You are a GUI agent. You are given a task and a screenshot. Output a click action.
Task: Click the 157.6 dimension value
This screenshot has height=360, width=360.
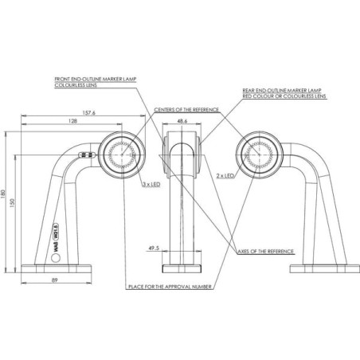[x=88, y=112]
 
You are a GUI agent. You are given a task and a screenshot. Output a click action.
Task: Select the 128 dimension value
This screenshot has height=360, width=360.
[x=72, y=121]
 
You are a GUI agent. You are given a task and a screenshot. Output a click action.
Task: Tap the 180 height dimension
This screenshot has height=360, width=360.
[x=3, y=194]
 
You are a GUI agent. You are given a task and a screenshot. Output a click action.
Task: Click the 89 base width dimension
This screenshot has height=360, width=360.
[x=54, y=280]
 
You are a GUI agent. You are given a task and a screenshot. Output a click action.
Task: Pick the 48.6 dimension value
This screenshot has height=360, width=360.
[x=182, y=121]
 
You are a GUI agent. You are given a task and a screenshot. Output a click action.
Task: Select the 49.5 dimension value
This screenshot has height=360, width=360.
[x=154, y=248]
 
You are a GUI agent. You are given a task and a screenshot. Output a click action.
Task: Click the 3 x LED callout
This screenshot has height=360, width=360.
[x=151, y=184]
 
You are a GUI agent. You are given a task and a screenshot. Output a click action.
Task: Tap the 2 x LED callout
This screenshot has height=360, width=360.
[x=225, y=176]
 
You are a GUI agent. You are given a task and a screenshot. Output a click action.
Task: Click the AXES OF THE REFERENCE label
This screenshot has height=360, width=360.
[x=266, y=252]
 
